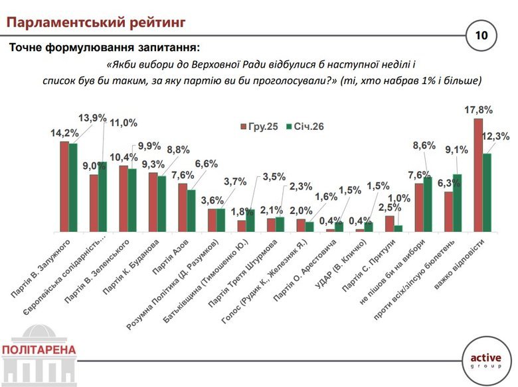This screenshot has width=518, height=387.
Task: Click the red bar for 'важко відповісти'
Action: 477,175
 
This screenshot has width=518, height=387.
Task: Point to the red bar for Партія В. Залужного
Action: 64,186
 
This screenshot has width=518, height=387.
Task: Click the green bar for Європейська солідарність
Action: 102,197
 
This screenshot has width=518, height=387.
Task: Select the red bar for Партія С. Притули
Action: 389,223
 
